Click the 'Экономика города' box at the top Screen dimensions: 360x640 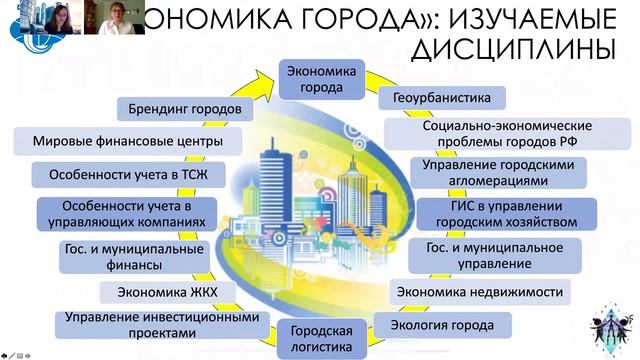point(321,79)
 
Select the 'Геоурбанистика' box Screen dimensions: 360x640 point(441,99)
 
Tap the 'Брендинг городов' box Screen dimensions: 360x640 point(193,108)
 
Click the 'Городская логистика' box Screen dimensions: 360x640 point(321,338)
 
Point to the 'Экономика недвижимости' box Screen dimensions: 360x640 point(479,292)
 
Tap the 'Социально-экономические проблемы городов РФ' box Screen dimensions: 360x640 point(507,134)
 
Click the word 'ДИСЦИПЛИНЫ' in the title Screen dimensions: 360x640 point(523,49)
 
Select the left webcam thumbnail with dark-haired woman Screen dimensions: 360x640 point(57,17)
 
